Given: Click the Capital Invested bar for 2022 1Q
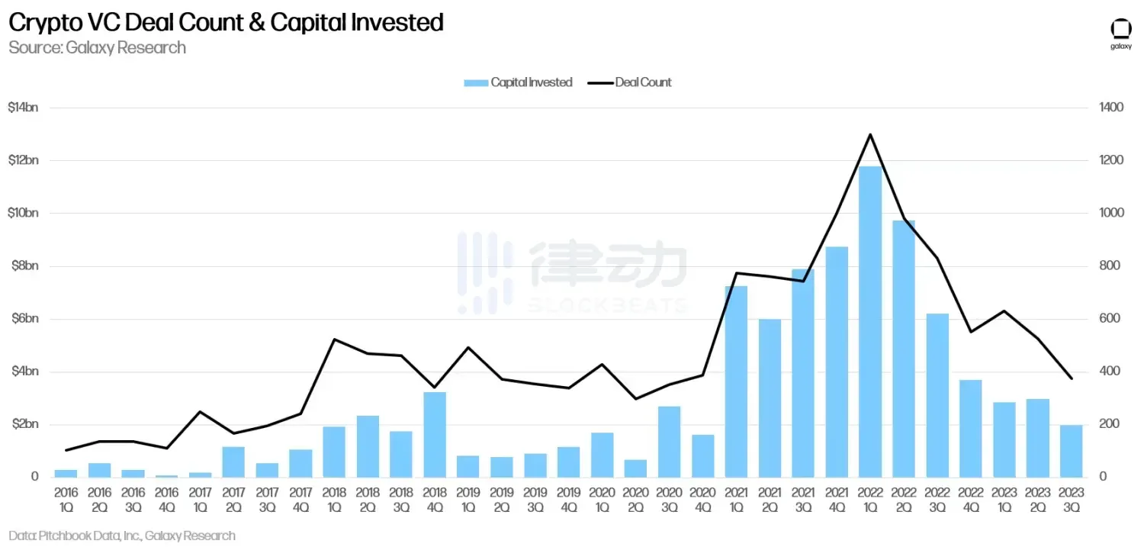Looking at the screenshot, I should (x=870, y=320).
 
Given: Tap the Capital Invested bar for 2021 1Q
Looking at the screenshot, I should (x=736, y=381).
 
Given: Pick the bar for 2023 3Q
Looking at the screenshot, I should (x=1072, y=450).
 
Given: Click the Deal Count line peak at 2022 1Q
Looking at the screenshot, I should (x=870, y=134).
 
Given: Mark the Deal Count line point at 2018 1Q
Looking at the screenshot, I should (x=334, y=339).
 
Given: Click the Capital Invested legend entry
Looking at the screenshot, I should (x=519, y=82).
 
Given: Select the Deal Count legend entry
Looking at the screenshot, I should (x=631, y=82).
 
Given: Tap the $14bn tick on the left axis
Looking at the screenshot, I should (x=22, y=108).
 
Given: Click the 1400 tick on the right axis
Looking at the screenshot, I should (x=1112, y=108).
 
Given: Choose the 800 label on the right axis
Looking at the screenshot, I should (x=1109, y=266).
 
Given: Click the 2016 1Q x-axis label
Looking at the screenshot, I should (x=66, y=500).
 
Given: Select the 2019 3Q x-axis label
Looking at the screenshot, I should (x=535, y=500).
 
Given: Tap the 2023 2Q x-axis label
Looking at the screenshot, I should (x=1038, y=500).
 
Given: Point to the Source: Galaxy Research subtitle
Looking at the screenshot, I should (x=97, y=47).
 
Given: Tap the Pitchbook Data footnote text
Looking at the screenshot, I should (x=122, y=536).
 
